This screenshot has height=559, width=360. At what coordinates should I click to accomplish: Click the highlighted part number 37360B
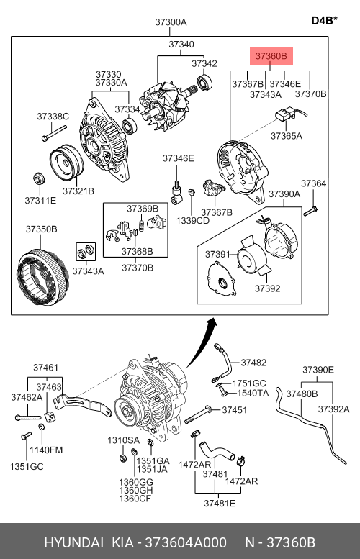[271, 56]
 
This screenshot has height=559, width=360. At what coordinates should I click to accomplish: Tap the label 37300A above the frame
[171, 22]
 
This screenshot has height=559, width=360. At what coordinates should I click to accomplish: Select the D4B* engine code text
[324, 20]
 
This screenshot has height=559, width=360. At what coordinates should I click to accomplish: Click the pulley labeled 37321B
[66, 162]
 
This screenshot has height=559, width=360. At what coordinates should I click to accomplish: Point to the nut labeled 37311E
[38, 178]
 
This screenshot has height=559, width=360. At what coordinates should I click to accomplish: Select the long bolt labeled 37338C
[54, 132]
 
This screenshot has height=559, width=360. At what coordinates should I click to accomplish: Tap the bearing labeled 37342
[204, 83]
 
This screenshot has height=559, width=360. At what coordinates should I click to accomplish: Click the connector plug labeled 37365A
[284, 115]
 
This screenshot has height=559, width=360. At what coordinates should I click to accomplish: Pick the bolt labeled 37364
[310, 211]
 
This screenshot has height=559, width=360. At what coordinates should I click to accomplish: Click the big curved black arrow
[202, 342]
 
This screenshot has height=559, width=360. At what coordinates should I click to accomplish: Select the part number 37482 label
[253, 363]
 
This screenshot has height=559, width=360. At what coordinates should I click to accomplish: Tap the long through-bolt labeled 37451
[199, 414]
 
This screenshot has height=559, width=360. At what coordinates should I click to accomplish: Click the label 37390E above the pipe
[318, 370]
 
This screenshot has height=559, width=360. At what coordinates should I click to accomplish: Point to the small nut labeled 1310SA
[122, 458]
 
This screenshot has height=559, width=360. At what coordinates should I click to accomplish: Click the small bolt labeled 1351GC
[26, 436]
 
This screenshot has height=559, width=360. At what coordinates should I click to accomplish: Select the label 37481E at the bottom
[220, 503]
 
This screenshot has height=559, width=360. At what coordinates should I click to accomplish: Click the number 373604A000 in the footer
[186, 542]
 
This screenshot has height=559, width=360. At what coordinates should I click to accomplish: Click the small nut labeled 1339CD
[192, 192]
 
